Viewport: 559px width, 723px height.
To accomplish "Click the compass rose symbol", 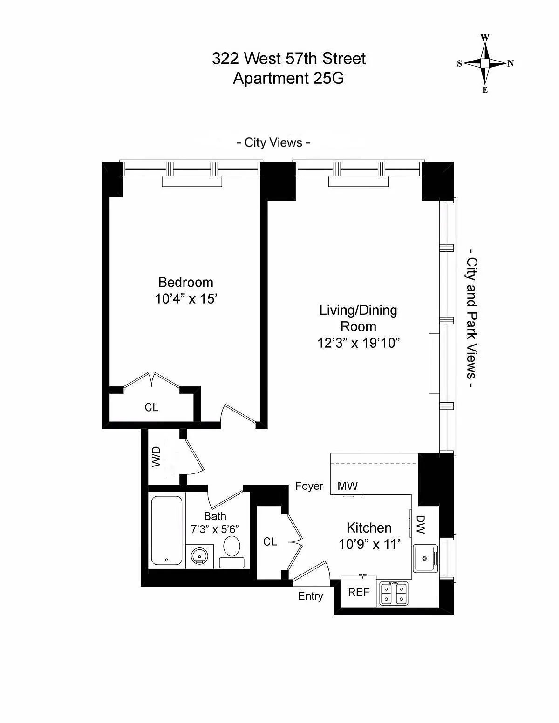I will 485,63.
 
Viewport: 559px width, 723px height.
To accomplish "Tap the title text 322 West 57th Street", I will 289,59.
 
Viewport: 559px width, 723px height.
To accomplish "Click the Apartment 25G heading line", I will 288,78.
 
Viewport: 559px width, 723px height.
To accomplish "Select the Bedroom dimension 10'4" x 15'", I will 186,299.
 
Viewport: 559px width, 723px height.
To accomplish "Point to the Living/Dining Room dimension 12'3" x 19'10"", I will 359,343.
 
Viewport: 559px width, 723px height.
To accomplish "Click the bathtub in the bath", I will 167,530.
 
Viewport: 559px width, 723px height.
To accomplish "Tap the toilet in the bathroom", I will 232,551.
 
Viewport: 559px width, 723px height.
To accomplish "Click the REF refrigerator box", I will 359,592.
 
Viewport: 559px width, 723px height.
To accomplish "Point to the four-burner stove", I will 394,594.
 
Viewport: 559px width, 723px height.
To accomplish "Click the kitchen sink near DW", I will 425,557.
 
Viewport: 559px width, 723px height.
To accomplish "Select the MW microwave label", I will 348,486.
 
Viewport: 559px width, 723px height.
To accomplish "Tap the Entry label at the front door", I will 310,596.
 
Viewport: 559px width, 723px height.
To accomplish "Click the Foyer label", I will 309,486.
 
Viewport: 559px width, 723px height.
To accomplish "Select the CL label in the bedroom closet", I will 151,407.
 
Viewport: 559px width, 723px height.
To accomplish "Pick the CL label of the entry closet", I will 270,541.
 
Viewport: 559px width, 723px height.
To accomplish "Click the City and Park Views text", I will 472,324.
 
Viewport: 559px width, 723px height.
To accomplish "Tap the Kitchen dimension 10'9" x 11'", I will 369,544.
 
